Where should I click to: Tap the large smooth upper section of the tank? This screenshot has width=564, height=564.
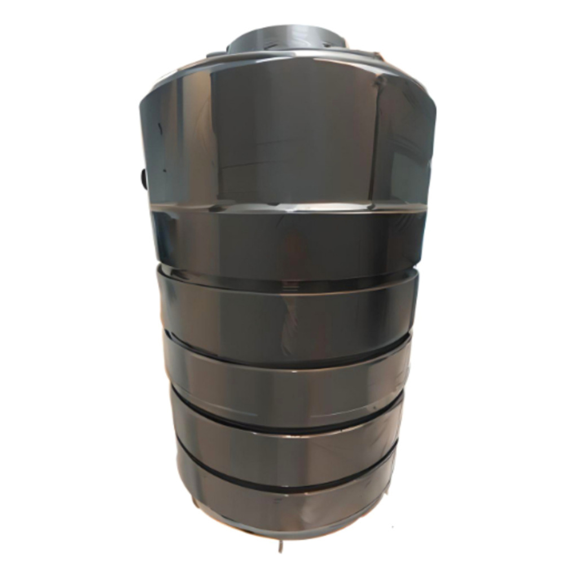tap(282, 135)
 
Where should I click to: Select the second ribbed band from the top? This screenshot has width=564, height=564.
tap(288, 307)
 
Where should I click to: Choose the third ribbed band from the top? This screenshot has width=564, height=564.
tap(288, 369)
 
